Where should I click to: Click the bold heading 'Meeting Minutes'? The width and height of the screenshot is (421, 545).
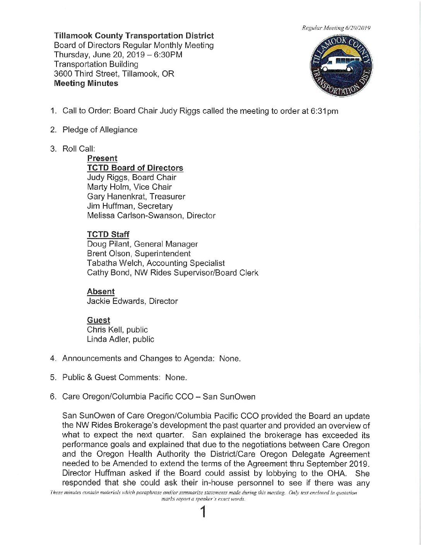86,83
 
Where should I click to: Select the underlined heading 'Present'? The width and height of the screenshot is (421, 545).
102,158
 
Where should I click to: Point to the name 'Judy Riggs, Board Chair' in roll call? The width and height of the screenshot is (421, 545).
132,177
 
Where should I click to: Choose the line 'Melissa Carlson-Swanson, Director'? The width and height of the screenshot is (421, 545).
151,216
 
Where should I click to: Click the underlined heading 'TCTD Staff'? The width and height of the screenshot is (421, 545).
108,235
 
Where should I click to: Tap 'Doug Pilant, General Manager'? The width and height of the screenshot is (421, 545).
142,244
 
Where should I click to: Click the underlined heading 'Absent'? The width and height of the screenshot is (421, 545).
101,292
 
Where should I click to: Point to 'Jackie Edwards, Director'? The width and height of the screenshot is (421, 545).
132,301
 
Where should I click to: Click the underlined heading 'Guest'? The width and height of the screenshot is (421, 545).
98,320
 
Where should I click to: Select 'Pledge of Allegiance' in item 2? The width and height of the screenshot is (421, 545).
100,130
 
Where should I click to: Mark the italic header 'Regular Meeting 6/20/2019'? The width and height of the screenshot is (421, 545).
337,28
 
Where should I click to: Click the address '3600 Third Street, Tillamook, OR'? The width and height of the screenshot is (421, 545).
114,74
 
